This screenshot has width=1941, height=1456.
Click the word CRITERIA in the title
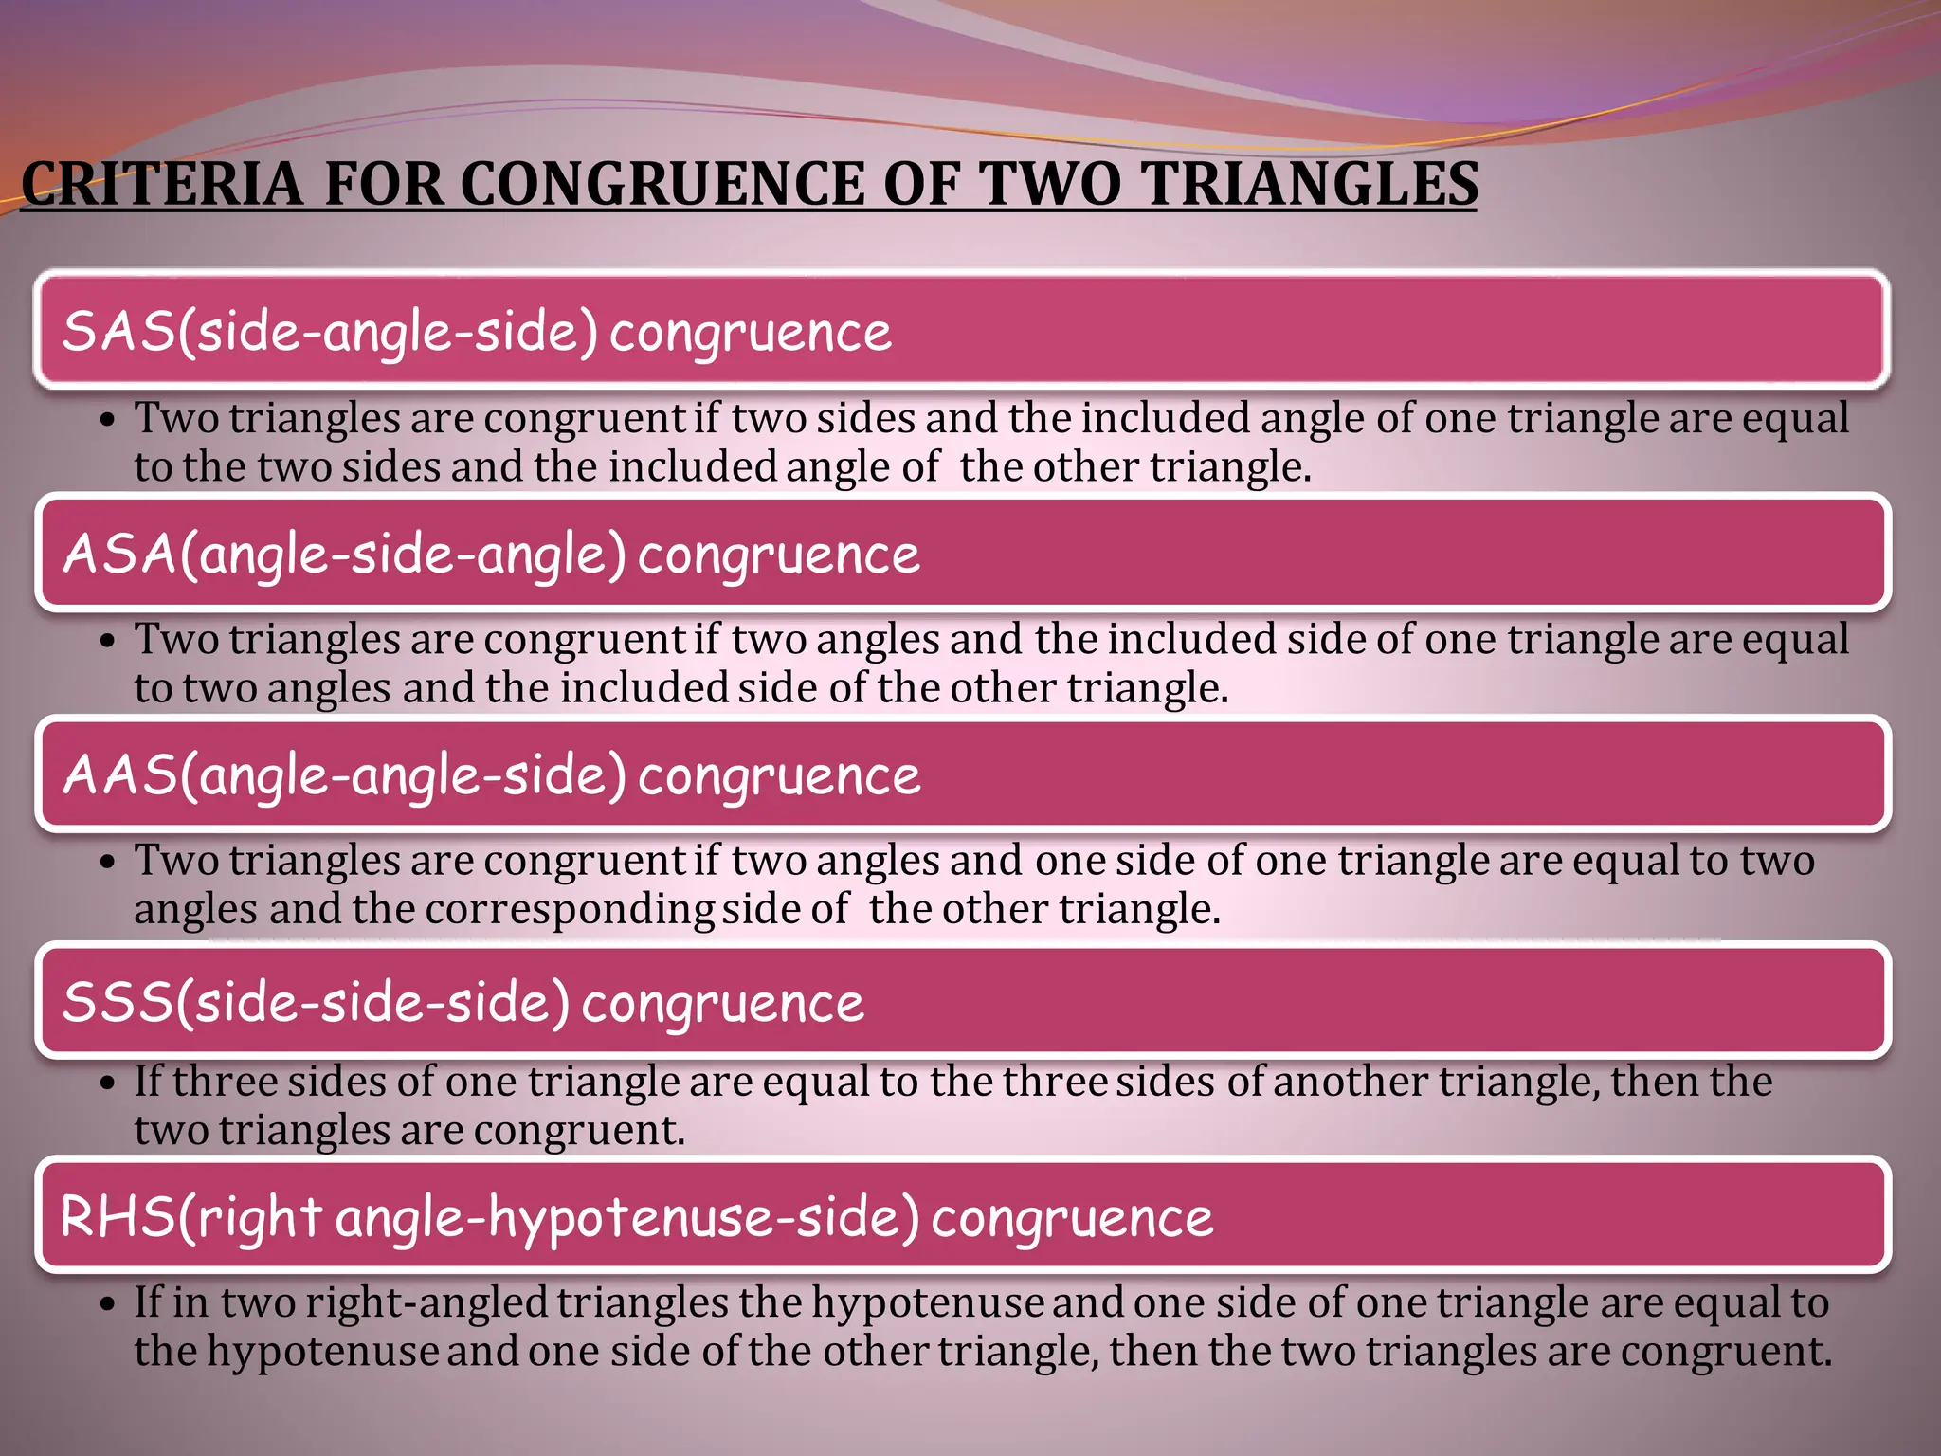pyautogui.click(x=161, y=184)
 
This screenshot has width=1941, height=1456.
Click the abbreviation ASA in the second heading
pyautogui.click(x=119, y=554)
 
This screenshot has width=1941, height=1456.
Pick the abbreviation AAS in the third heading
pyautogui.click(x=119, y=775)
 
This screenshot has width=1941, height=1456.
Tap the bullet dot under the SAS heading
pyautogui.click(x=108, y=419)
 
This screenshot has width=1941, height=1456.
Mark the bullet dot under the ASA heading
pyautogui.click(x=108, y=641)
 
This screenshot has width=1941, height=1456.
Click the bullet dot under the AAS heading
pyautogui.click(x=108, y=862)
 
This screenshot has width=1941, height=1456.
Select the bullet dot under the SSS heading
pyautogui.click(x=108, y=1083)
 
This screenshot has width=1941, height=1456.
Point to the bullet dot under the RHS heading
pyautogui.click(x=108, y=1304)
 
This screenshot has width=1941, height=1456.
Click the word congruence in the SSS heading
pyautogui.click(x=722, y=1003)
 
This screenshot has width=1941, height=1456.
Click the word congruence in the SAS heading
pyautogui.click(x=751, y=332)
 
